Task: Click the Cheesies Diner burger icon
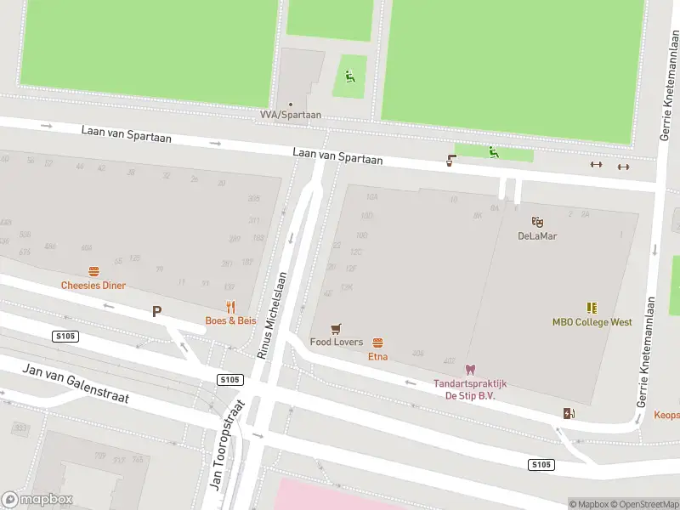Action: pos(93,272)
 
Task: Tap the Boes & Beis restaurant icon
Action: pos(230,307)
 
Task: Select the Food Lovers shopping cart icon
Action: pos(337,329)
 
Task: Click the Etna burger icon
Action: pos(377,343)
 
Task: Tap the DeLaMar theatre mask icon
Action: pos(537,222)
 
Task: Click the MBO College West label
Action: pos(592,322)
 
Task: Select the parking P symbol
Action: pos(156,312)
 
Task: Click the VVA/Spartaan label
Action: pos(284,114)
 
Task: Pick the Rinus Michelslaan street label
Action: pos(271,310)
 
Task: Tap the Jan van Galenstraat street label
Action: pos(76,383)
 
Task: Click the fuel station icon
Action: pos(568,414)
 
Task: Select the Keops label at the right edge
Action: pos(666,416)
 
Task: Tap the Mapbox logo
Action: pos(37,500)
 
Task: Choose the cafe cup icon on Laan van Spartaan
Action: pos(450,160)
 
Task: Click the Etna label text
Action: pos(377,356)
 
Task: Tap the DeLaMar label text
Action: pos(537,235)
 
